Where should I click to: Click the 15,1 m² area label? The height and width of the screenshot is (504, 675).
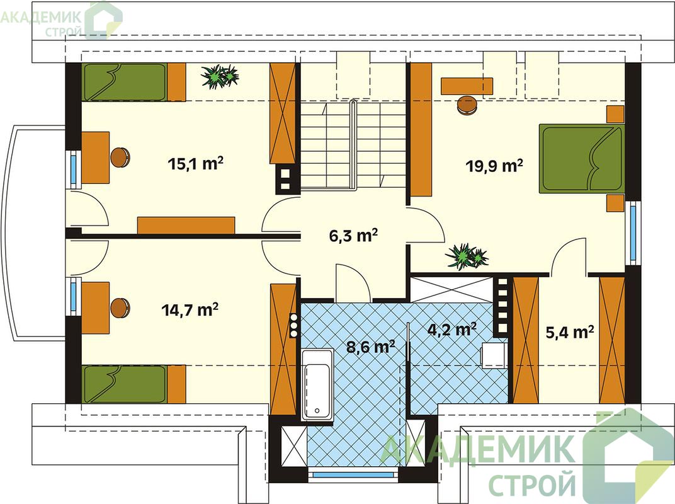195,163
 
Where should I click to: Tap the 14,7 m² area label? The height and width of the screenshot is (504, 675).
190,309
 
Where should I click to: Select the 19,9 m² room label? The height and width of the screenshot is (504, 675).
495,165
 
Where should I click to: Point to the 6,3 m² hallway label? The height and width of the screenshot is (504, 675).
353,235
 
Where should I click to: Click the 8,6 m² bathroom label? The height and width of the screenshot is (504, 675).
371,346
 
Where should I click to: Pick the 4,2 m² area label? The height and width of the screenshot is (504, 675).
451,329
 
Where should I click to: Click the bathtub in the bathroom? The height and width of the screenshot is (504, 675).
317,385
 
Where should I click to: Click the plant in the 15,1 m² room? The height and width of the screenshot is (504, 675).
220,76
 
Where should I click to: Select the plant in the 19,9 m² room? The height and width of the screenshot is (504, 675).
466,256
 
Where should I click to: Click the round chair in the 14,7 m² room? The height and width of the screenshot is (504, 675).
120,307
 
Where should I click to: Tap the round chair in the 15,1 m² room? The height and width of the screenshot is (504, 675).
120,157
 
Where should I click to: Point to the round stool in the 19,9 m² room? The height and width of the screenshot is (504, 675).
467,105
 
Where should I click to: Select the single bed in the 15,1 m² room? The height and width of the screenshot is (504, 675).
133,83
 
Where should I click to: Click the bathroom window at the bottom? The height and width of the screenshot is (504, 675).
353,475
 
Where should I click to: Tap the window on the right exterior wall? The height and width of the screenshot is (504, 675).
633,233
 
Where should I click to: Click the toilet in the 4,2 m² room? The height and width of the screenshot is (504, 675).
494,355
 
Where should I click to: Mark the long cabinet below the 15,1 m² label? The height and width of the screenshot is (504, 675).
186,226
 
